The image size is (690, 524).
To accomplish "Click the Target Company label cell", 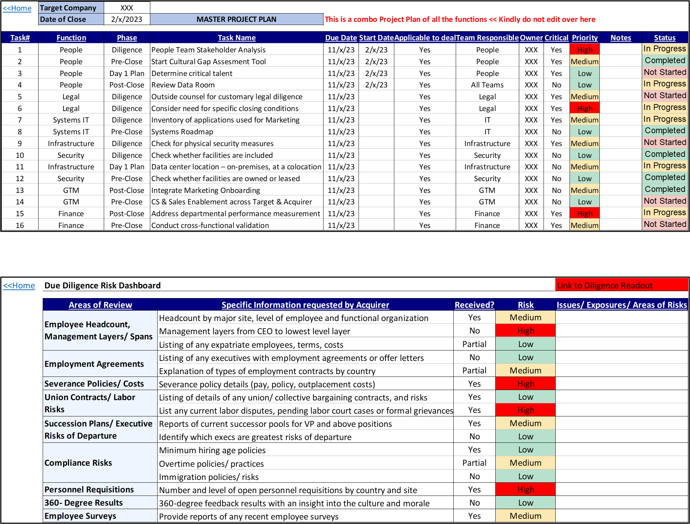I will click(71, 8).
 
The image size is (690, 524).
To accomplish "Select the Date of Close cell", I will click(71, 19).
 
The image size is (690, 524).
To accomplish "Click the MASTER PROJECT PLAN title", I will click(236, 19).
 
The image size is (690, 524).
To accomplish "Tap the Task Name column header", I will click(237, 37).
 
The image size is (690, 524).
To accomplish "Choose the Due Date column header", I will click(341, 37).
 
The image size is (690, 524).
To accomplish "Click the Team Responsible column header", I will click(487, 37).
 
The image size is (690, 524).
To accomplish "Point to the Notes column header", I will click(621, 37).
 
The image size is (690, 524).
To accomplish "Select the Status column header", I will click(665, 37).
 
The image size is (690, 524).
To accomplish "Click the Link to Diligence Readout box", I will click(621, 285).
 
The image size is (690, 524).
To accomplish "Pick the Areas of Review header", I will click(100, 305).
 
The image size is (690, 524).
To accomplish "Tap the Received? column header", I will click(474, 305).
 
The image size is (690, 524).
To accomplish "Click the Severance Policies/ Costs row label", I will click(94, 383).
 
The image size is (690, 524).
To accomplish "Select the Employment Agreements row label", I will click(94, 364).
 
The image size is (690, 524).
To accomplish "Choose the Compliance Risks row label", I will click(78, 463).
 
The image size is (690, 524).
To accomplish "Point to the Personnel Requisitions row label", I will click(89, 489).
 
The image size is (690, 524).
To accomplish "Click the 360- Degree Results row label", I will click(84, 502).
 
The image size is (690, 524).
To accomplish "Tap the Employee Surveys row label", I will click(81, 516).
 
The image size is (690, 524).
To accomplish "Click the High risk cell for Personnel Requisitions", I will click(525, 489).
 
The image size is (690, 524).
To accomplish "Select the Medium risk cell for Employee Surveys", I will click(525, 516).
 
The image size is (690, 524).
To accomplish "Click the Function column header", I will click(71, 37).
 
